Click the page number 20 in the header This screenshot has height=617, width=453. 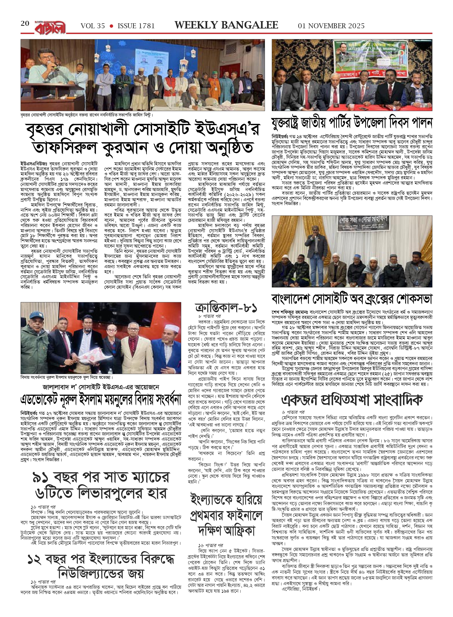coord(25,24)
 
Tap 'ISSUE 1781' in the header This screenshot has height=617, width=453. coord(136,26)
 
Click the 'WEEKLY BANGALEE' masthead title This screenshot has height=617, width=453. coord(226,25)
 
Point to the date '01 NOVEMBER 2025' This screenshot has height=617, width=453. coord(331,26)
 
